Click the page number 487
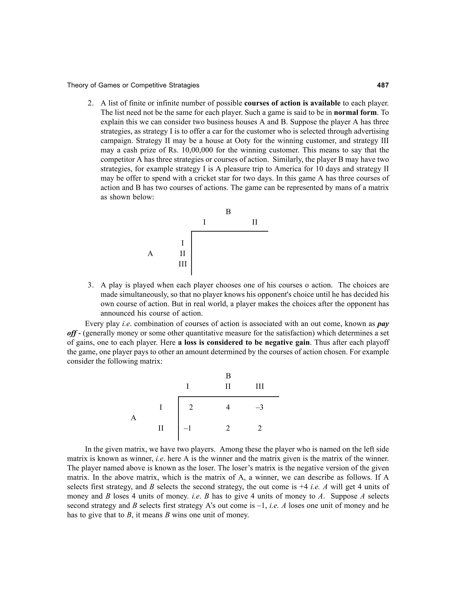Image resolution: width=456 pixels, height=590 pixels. pos(383,85)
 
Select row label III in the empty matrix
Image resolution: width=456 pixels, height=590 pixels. pos(183,264)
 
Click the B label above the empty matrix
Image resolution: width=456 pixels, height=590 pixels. pos(228,212)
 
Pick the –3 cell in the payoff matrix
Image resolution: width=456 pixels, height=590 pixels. pos(259,407)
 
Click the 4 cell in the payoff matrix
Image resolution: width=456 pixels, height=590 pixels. pos(228,407)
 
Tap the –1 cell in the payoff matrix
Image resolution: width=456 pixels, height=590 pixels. pos(187,428)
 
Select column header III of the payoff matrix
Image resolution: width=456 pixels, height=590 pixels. pos(260,386)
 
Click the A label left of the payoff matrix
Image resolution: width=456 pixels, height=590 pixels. pos(133,418)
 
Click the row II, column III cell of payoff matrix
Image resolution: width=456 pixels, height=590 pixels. pos(260,428)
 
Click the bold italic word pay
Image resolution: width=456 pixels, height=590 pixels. pos(383,324)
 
